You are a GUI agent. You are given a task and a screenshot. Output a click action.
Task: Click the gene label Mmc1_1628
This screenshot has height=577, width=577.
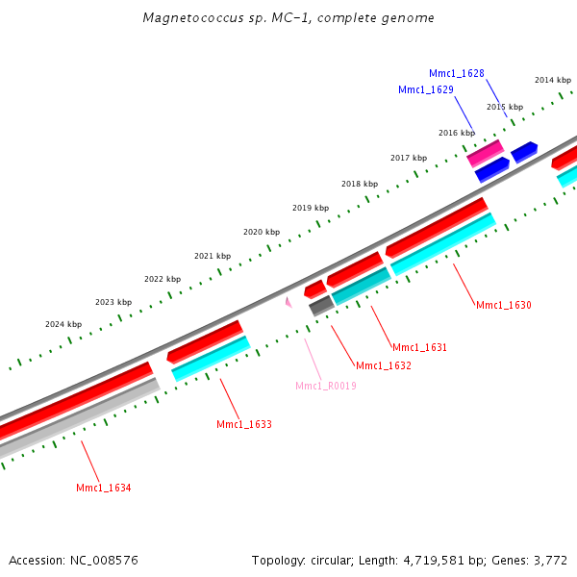[457, 73]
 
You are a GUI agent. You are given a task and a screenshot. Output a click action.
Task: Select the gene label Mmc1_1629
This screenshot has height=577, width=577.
[426, 89]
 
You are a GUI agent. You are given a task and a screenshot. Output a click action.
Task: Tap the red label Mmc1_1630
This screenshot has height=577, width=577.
[504, 305]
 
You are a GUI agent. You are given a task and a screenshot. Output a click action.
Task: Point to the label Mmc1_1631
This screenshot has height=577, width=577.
[420, 347]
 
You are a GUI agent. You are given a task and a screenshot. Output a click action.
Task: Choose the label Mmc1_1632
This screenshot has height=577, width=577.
[384, 365]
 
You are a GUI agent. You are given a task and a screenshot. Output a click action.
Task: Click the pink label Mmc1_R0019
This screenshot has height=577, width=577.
[326, 386]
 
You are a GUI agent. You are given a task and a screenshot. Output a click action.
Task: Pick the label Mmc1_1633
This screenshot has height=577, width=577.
[244, 424]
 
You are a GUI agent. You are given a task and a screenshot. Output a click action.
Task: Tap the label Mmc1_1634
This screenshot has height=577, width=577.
[104, 488]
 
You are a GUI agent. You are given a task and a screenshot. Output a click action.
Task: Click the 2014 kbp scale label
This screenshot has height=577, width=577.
[553, 80]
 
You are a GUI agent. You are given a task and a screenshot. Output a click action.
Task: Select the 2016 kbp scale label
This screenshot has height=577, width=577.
[457, 133]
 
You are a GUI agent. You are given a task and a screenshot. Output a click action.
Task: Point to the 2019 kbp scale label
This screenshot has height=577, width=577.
[311, 208]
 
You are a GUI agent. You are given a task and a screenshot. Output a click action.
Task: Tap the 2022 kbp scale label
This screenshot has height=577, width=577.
[163, 279]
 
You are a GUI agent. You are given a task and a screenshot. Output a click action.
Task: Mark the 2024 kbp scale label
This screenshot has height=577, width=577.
[63, 324]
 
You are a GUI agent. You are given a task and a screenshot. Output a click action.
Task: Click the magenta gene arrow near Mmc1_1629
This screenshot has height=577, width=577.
[485, 152]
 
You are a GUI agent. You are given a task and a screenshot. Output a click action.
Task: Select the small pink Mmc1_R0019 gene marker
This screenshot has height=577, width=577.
[288, 302]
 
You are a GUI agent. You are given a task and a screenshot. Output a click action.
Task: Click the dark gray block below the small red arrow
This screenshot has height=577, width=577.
[321, 305]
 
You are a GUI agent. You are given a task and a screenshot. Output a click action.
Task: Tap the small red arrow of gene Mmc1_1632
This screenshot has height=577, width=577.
[314, 288]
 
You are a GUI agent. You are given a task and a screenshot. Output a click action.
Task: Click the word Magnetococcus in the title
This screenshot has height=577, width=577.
[188, 18]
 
